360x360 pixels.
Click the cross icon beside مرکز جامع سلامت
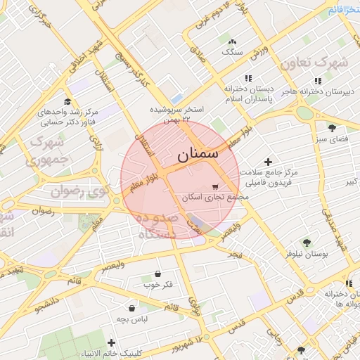pos(268,162)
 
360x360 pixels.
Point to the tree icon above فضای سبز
pos(332,127)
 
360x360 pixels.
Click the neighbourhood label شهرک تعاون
pos(314,62)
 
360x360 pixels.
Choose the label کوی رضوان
pos(79,191)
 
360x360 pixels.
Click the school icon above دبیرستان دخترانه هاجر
pos(318,80)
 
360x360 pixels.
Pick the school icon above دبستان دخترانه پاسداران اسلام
pos(247,79)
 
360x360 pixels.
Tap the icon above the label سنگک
pos(232,41)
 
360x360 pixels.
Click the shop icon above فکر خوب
pos(157,274)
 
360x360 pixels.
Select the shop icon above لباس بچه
pos(131,307)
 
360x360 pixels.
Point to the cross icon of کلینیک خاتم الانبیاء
pos(111,342)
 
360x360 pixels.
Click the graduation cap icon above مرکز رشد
pos(67,101)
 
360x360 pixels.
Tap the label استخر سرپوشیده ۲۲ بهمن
pos(176,115)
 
